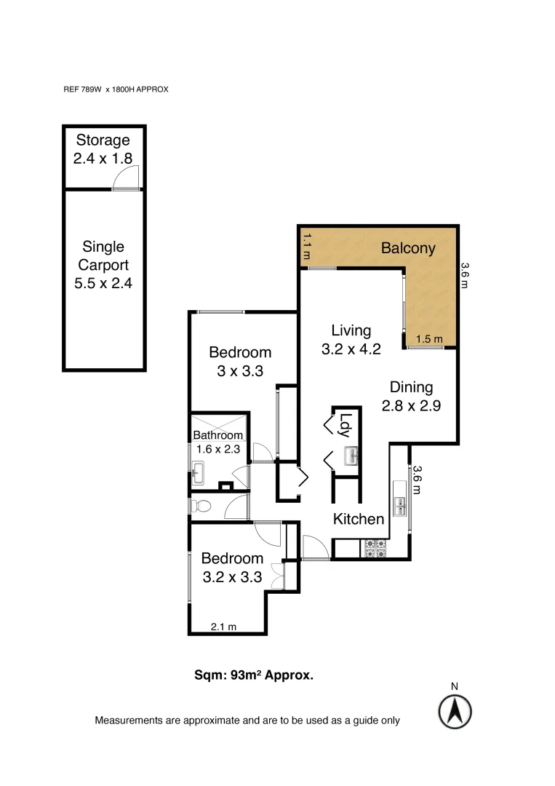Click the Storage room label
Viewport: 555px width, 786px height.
[x=103, y=140]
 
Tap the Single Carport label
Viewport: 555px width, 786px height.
[x=103, y=265]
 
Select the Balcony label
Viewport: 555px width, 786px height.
[x=408, y=248]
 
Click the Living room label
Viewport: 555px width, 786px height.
[x=351, y=331]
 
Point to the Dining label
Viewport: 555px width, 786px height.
[x=411, y=388]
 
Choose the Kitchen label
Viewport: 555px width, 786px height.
[x=359, y=519]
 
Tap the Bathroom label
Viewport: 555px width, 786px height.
[x=217, y=435]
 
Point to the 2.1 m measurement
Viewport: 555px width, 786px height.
[x=224, y=626]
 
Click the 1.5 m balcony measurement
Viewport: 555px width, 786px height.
[x=428, y=339]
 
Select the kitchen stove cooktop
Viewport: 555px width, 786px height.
[x=375, y=548]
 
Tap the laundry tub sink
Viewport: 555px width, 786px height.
[x=351, y=457]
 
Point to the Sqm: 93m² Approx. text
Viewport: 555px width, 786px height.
[x=253, y=675]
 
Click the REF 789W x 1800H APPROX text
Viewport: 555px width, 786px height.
[x=116, y=90]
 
